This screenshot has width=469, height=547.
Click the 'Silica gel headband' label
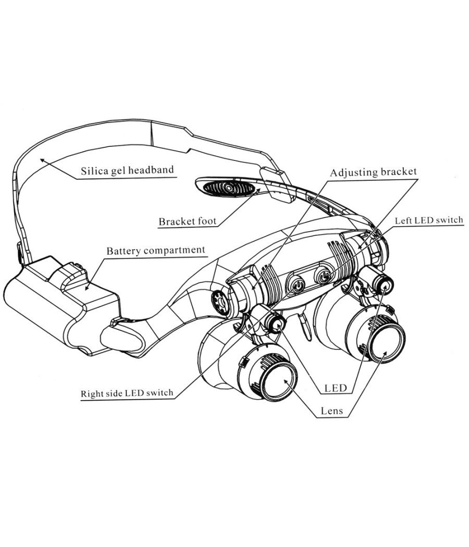click(127, 170)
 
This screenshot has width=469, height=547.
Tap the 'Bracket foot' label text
click(187, 222)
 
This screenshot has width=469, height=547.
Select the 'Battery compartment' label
click(156, 251)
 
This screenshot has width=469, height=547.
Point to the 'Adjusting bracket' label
click(373, 172)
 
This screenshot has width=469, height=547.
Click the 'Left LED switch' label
click(428, 220)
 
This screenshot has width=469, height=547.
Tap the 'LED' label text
click(336, 388)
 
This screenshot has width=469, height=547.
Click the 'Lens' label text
click(331, 411)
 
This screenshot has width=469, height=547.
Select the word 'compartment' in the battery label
click(174, 251)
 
